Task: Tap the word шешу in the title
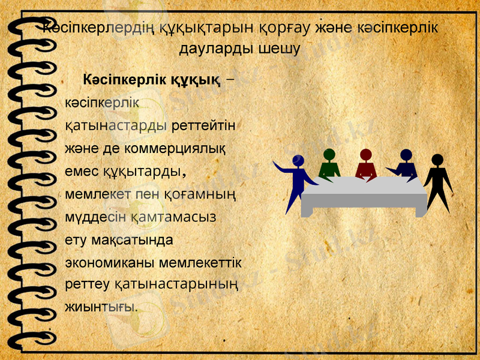(x=279, y=48)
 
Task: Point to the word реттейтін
(x=202, y=125)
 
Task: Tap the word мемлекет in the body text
(x=98, y=194)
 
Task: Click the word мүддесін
(x=95, y=217)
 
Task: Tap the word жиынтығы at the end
(x=100, y=305)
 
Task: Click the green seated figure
(x=329, y=164)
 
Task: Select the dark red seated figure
(x=365, y=165)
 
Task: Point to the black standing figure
(x=438, y=180)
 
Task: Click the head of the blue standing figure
(x=298, y=160)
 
